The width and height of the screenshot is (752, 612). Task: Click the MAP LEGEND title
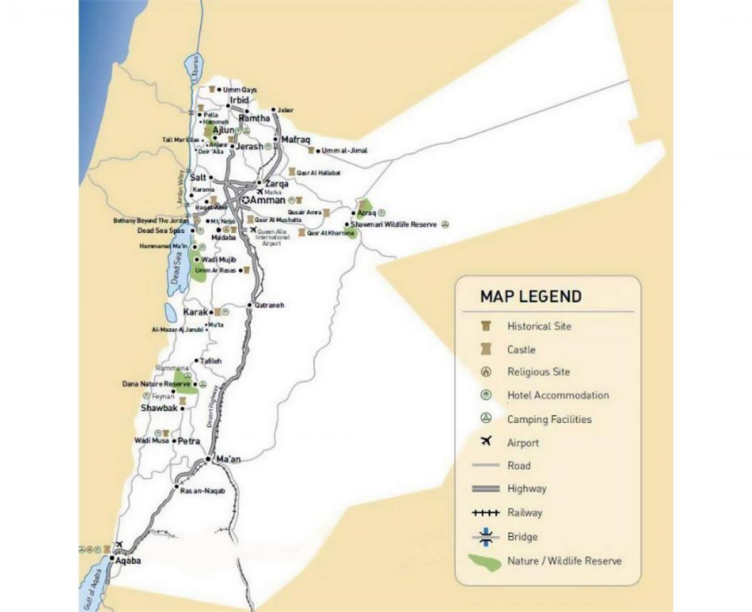click(530, 296)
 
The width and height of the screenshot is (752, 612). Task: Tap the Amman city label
click(267, 200)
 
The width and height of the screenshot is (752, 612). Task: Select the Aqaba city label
click(128, 561)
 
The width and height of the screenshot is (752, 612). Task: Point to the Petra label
click(189, 441)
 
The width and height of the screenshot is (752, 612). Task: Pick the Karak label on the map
click(195, 312)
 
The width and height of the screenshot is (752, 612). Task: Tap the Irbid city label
click(239, 100)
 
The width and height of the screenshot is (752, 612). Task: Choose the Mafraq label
click(295, 140)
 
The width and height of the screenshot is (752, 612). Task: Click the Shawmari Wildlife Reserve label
click(394, 224)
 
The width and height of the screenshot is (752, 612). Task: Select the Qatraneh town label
click(269, 305)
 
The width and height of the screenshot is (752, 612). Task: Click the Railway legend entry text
click(525, 512)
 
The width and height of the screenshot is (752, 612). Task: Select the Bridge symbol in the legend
click(486, 536)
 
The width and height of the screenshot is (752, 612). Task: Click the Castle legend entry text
click(521, 350)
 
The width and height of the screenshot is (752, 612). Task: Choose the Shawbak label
click(159, 408)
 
